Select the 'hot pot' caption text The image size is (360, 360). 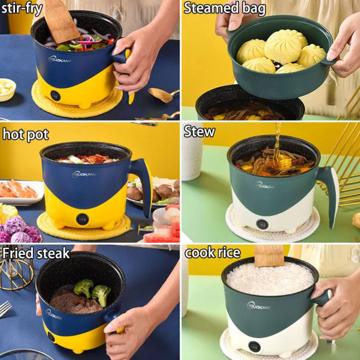pyautogui.click(x=25, y=134)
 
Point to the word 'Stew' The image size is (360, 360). pyautogui.click(x=199, y=131)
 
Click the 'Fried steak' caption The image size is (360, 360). pyautogui.click(x=36, y=253)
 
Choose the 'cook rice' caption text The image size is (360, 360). pyautogui.click(x=212, y=253)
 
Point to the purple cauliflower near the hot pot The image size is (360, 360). pyautogui.click(x=20, y=231)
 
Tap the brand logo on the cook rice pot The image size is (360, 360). pyautogui.click(x=259, y=305)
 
